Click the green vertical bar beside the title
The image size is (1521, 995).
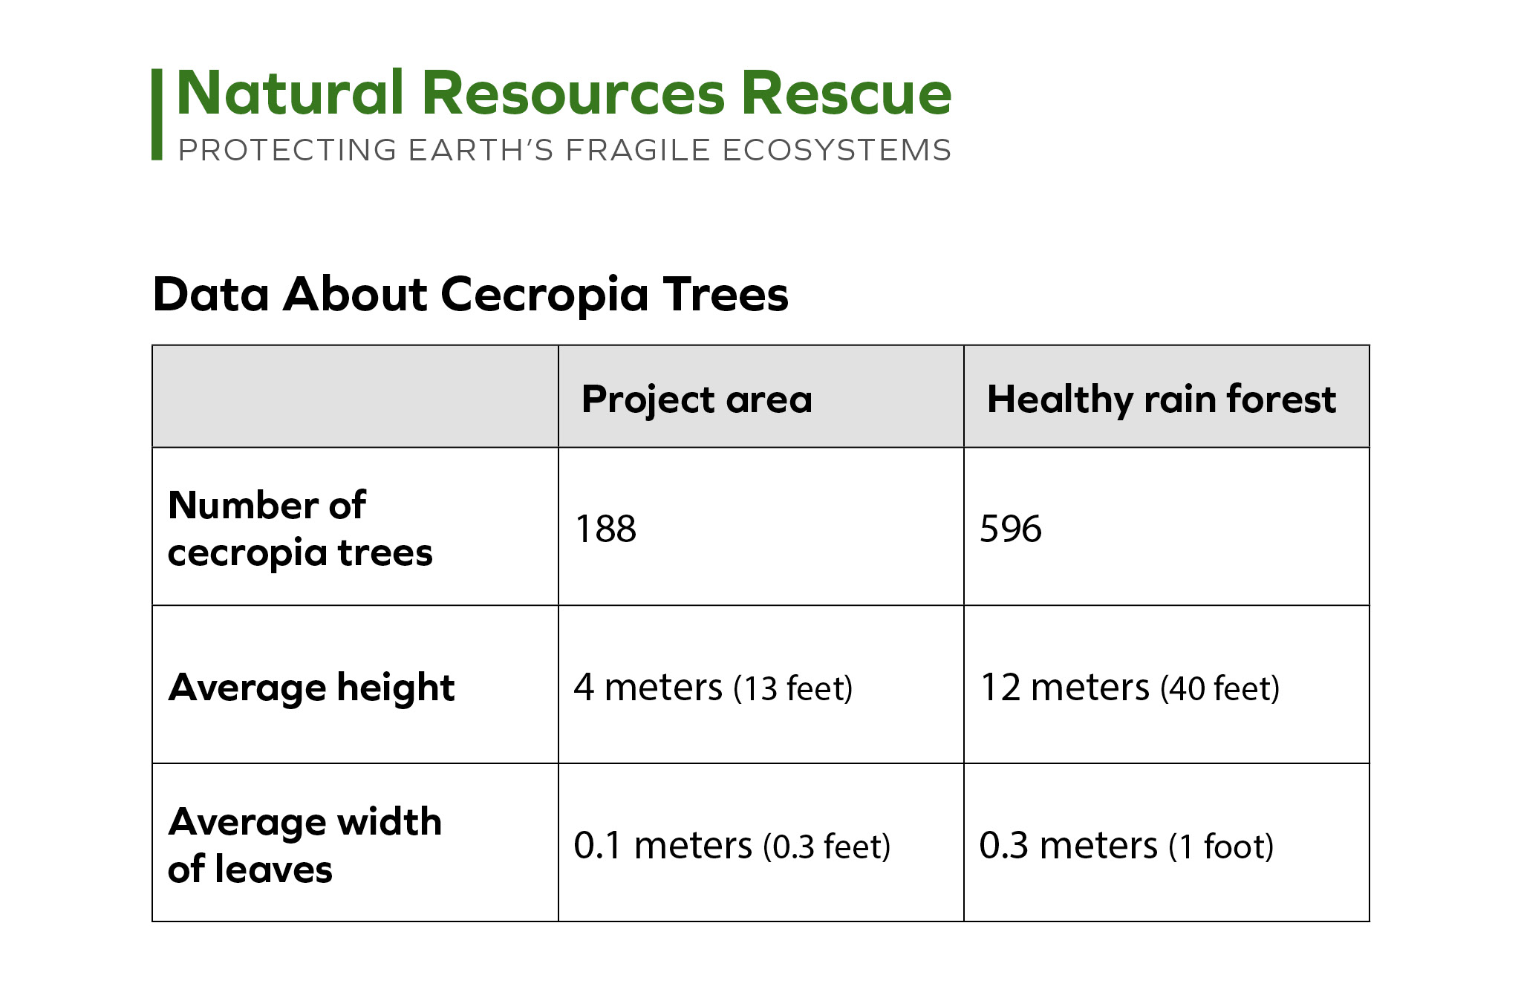[x=157, y=114]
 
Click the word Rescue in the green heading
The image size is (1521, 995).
[x=847, y=94]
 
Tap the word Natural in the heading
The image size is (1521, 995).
[x=290, y=94]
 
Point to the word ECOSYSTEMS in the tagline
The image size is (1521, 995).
[x=836, y=150]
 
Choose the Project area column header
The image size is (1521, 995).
[x=697, y=399]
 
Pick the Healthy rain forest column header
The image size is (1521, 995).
[x=1162, y=399]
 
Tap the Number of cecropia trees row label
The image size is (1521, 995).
[x=300, y=529]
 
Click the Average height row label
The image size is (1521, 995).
[x=311, y=688]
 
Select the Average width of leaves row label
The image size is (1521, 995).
[x=304, y=845]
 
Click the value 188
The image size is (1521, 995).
[x=606, y=529]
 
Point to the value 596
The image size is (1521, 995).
[x=1011, y=529]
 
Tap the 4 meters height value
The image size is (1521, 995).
[x=648, y=688]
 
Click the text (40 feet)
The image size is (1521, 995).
[x=1220, y=688]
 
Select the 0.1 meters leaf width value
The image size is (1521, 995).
[x=663, y=846]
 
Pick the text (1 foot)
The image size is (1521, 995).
[x=1222, y=846]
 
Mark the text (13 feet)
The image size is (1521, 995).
[x=793, y=688]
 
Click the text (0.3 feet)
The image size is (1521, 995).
[x=827, y=846]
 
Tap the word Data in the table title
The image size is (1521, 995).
[x=211, y=294]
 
